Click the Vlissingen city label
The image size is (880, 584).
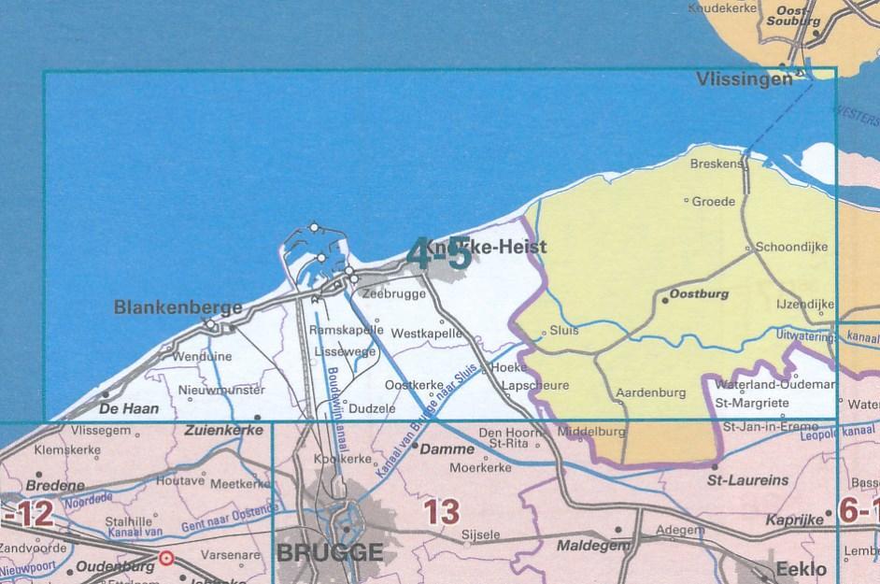(744, 81)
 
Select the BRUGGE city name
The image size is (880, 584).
(330, 552)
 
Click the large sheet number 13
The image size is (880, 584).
(441, 512)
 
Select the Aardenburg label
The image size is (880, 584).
(652, 393)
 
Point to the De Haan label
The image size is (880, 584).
(129, 408)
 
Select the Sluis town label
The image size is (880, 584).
(565, 330)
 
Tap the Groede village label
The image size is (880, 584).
(714, 200)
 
